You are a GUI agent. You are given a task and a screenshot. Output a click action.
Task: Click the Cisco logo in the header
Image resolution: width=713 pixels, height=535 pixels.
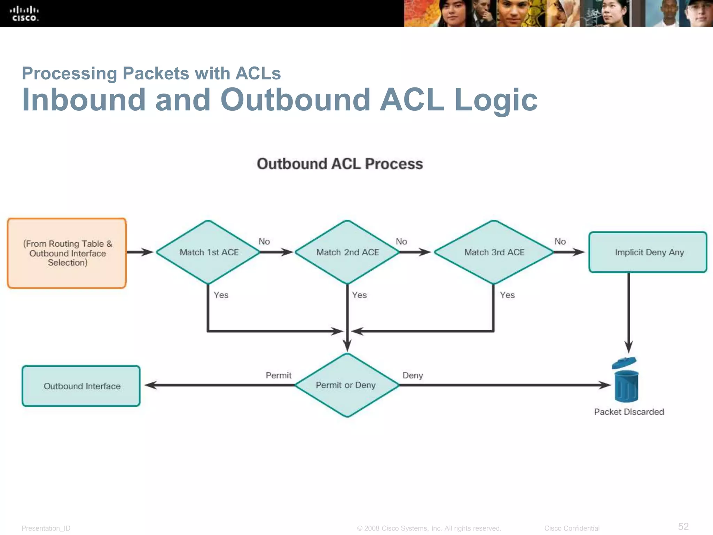(24, 14)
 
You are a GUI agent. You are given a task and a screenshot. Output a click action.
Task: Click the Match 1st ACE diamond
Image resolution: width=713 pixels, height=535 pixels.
(209, 252)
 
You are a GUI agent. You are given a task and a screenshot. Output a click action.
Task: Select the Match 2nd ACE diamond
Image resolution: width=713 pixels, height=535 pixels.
(347, 252)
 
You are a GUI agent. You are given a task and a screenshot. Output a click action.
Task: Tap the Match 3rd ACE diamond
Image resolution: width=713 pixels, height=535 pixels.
(494, 252)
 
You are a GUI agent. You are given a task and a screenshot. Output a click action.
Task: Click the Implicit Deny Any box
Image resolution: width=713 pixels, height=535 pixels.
(648, 252)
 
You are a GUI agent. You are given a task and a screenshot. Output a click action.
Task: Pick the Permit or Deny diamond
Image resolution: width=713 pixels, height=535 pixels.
(347, 385)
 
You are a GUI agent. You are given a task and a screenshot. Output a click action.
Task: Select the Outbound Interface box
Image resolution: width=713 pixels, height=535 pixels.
(81, 386)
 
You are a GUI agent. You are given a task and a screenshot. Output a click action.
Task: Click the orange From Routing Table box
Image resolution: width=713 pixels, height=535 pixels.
(67, 253)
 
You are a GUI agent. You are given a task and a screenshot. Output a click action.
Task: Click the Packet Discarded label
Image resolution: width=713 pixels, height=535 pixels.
(629, 412)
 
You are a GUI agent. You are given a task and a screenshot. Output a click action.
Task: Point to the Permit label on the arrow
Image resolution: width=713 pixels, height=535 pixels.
(279, 375)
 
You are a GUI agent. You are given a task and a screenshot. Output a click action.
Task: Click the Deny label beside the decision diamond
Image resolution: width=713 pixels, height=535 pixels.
(413, 375)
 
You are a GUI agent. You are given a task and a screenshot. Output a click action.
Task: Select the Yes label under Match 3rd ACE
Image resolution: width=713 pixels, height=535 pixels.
(507, 295)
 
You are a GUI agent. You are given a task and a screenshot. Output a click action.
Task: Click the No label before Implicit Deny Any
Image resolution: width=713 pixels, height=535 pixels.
(560, 241)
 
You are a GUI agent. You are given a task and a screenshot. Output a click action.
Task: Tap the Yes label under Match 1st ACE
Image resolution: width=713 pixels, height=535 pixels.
(221, 295)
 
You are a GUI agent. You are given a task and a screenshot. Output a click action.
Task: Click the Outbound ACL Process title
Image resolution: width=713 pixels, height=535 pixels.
(340, 164)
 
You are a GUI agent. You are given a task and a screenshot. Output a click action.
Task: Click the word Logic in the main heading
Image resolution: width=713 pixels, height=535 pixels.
(496, 100)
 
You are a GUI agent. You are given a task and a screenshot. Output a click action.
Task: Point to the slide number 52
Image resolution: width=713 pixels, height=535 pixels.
(683, 526)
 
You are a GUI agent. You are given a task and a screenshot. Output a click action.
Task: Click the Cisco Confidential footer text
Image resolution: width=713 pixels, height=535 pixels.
(572, 528)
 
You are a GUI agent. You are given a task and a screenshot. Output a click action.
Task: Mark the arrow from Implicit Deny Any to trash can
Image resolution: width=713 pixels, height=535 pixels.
(628, 313)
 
